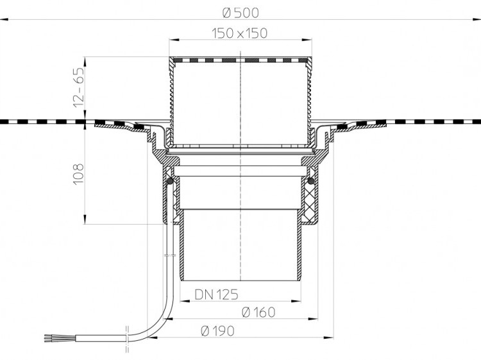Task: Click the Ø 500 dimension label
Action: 240,13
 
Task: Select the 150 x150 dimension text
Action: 240,33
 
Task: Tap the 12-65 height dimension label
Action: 78,87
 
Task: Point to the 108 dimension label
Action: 78,174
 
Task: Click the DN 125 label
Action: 216,295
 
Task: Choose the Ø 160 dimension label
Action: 258,312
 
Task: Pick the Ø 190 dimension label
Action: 217,331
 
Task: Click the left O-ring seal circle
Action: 169,182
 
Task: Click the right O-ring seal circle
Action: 311,181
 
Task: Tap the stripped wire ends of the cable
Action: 50,338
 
